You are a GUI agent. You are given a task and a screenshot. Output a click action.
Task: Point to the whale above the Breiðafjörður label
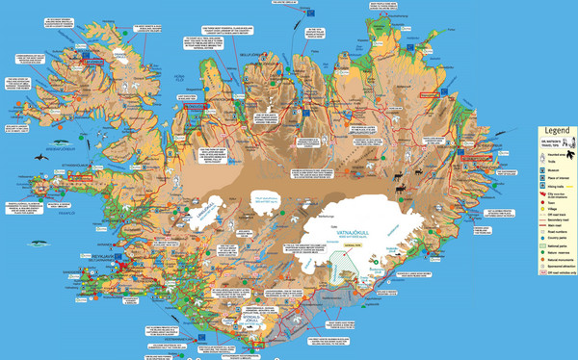[x=62, y=136]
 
